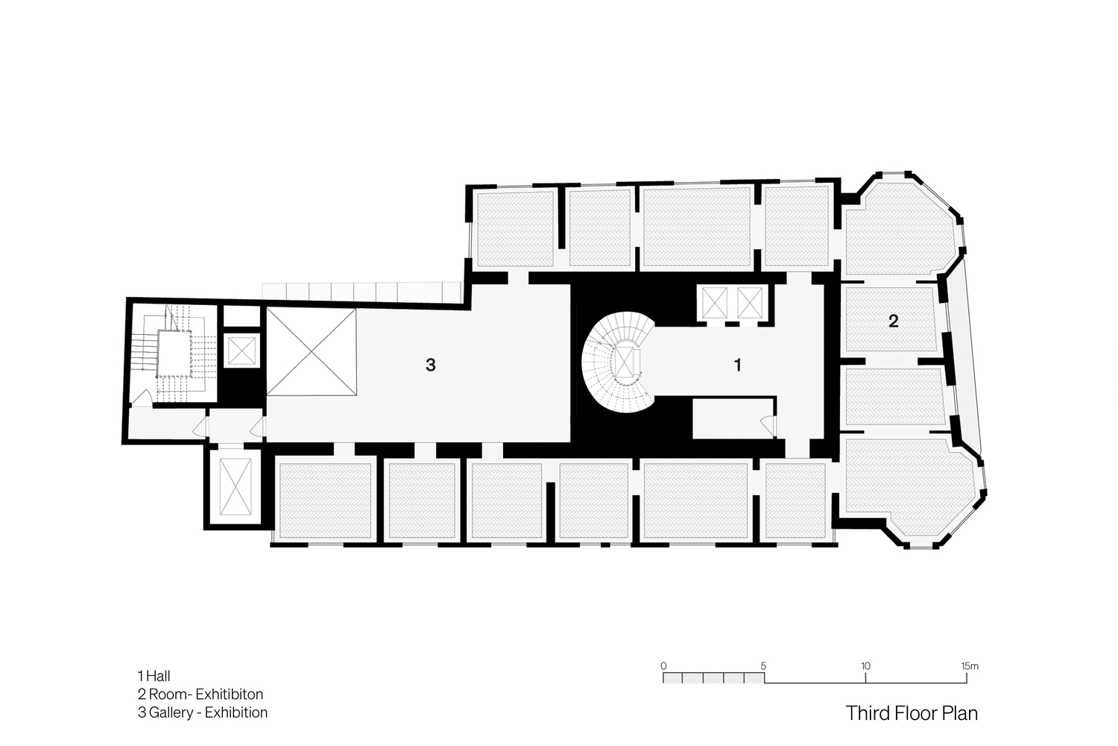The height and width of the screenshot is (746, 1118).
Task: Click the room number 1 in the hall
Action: pos(738,366)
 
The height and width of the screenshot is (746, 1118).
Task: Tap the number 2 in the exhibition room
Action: pos(894,321)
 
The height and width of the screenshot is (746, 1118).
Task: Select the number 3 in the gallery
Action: pos(430,366)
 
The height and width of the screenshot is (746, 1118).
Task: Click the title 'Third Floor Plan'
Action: pos(912,713)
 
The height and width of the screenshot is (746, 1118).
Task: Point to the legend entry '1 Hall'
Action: pos(154,676)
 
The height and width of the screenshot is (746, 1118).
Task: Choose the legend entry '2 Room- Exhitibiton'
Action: pos(200,694)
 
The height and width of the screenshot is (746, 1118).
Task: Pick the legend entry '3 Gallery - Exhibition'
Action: pos(203,712)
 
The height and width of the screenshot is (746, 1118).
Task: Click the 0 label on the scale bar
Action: pos(663,665)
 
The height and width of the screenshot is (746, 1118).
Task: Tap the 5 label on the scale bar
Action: pos(764,665)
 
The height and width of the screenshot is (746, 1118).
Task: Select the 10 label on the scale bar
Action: pos(865,665)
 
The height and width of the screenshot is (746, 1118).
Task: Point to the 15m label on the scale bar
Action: pos(970,665)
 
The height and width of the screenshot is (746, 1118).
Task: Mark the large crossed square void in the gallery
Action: pos(311,352)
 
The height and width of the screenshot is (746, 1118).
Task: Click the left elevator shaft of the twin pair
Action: pos(715,303)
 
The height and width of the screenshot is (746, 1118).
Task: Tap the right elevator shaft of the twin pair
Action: pos(750,303)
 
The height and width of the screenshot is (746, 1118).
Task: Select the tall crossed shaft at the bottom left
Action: pos(236,486)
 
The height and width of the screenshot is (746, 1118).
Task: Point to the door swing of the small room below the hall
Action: pos(768,425)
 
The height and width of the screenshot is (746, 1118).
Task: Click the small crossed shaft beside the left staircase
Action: pos(241,351)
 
